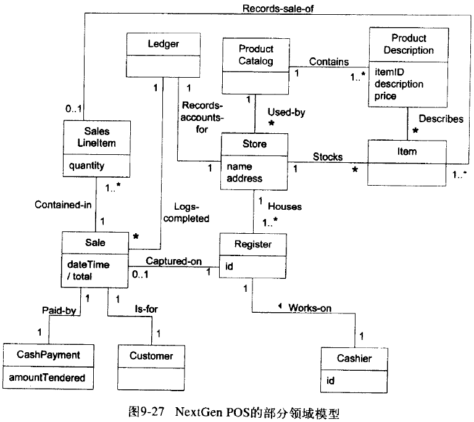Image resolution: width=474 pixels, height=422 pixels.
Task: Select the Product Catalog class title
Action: [256, 55]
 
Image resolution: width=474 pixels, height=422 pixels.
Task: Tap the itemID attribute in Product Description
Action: [385, 72]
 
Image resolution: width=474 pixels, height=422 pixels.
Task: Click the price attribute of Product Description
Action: [383, 96]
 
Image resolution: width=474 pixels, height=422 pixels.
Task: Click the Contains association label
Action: [329, 62]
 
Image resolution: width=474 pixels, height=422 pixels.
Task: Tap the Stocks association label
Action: [327, 157]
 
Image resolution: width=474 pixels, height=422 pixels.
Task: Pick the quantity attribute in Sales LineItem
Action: [87, 165]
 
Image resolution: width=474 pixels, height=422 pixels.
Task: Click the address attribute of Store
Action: [244, 178]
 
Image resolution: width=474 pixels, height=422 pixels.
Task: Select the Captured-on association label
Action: [174, 262]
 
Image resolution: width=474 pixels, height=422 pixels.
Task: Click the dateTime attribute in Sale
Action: [88, 264]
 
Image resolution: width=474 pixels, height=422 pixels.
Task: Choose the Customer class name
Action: [151, 355]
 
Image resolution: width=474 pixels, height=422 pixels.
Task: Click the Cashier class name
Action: [354, 358]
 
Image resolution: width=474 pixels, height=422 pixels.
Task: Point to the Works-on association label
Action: [309, 307]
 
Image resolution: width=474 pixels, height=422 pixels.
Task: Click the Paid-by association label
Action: [59, 311]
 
